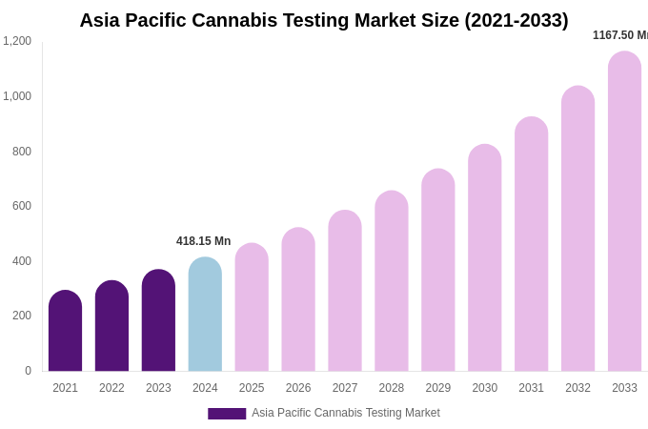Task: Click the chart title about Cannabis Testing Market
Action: (323, 20)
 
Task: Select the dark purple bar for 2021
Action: (65, 331)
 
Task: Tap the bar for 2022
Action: (111, 326)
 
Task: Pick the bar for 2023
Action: (158, 320)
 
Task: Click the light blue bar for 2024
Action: (205, 315)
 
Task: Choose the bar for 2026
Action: (298, 299)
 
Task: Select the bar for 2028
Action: (392, 281)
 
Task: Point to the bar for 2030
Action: (484, 258)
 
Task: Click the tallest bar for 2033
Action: (624, 212)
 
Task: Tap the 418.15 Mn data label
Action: (203, 241)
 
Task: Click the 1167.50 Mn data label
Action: (619, 35)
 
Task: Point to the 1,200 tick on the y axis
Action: (17, 41)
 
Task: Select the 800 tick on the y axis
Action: (21, 152)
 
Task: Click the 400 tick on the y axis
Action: (21, 261)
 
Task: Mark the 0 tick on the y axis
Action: (28, 371)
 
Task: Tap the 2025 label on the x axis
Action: (252, 388)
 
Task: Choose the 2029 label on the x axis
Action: (438, 388)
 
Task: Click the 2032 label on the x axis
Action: (577, 388)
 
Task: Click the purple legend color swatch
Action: (227, 414)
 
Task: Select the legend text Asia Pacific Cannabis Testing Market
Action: (346, 413)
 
